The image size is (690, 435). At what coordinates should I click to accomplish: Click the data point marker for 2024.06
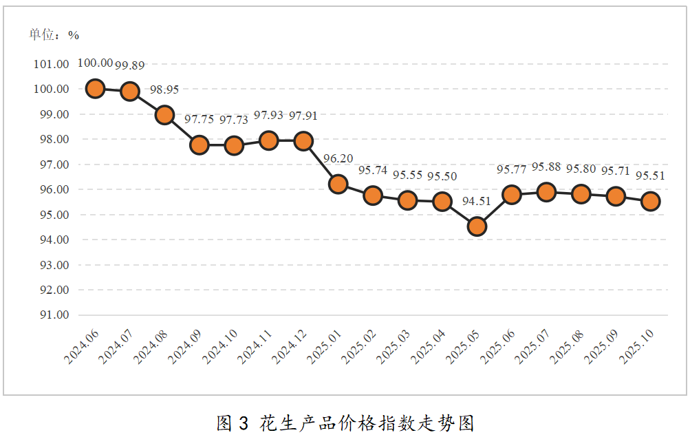[x=95, y=89]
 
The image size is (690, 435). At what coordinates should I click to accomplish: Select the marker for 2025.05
[x=477, y=226]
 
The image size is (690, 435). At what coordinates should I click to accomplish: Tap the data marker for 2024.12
[x=303, y=141]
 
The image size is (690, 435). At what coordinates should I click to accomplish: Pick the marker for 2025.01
[x=338, y=184]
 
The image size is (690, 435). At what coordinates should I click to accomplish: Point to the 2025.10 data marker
[x=650, y=201]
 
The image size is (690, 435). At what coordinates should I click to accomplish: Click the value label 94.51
[x=477, y=201]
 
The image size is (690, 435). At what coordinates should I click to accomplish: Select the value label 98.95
[x=164, y=89]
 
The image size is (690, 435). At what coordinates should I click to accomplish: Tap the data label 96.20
[x=338, y=159]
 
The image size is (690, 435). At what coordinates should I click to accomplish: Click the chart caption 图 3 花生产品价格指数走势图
[x=345, y=423]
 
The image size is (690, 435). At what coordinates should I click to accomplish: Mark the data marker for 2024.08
[x=164, y=115]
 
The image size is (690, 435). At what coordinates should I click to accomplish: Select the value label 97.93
[x=268, y=116]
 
